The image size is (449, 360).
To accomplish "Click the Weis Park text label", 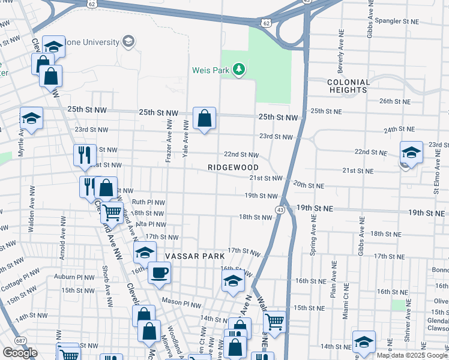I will point(211,70).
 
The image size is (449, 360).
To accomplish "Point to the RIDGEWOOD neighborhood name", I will point(234,167).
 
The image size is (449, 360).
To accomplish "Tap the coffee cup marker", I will point(160,272).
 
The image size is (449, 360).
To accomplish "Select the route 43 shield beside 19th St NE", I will point(280,209).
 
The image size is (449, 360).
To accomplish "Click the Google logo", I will point(20,353).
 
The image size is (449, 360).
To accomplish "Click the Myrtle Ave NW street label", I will point(21,142).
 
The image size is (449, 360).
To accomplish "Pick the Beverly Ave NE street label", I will point(340,49).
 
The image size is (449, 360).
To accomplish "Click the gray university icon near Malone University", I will point(128,41).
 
